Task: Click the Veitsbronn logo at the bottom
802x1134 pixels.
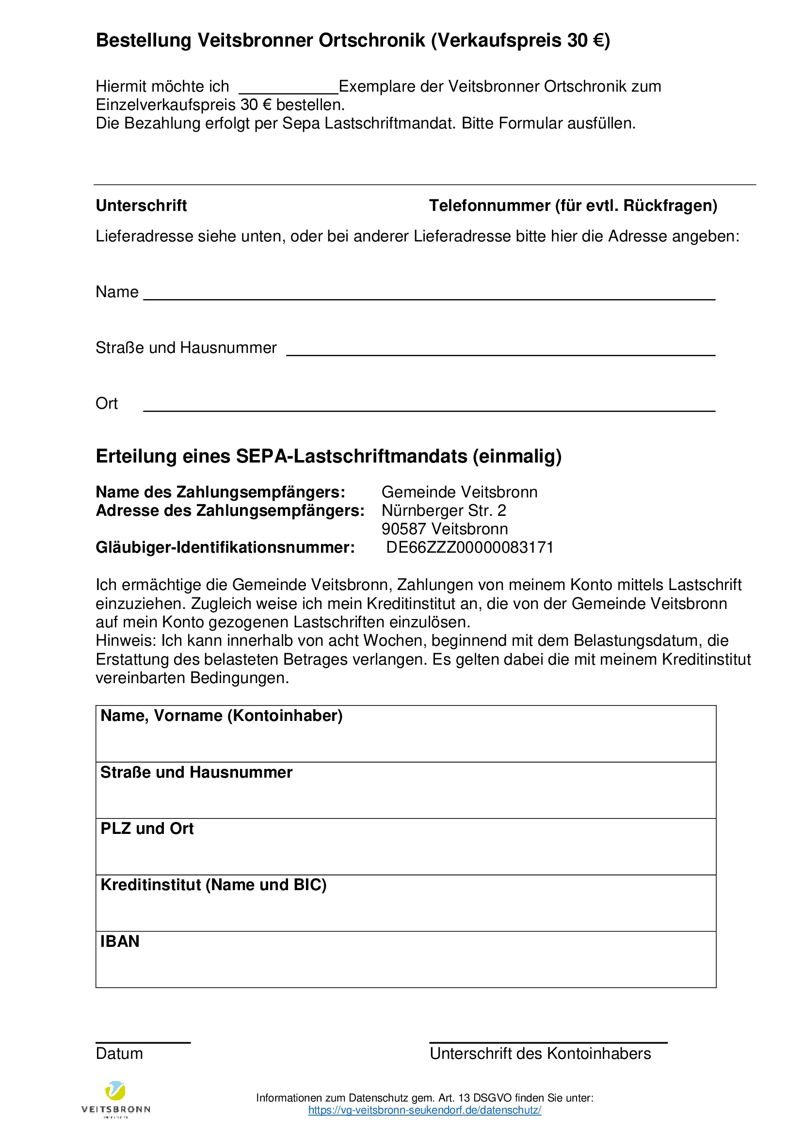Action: click(115, 1099)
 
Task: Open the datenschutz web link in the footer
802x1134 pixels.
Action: click(424, 1110)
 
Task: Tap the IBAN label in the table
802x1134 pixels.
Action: click(119, 942)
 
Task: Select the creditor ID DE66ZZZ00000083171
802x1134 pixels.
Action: click(470, 547)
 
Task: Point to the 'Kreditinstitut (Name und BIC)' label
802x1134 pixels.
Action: click(213, 885)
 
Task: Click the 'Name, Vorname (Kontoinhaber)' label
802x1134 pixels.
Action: click(221, 716)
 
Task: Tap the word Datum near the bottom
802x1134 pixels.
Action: click(119, 1054)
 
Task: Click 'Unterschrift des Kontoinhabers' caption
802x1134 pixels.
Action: click(540, 1054)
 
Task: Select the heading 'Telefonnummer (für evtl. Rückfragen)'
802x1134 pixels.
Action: click(573, 206)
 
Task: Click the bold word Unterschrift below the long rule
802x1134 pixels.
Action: click(141, 206)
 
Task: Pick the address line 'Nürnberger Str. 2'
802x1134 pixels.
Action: click(444, 510)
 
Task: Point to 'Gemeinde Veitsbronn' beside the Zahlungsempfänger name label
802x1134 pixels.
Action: click(459, 492)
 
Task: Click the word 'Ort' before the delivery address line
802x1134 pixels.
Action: click(107, 403)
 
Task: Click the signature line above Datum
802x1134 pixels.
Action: click(143, 1042)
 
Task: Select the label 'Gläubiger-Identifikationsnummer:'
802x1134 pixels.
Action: click(225, 547)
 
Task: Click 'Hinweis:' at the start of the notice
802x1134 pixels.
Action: click(126, 640)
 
